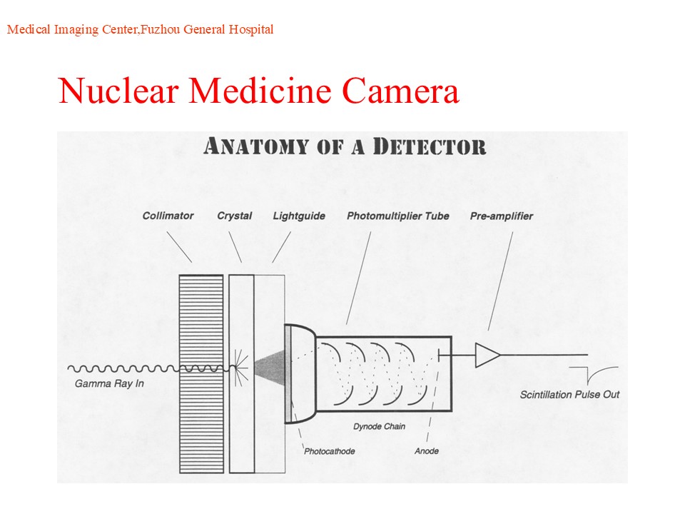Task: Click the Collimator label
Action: [168, 216]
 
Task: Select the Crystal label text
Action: [235, 216]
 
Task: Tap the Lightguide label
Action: [299, 216]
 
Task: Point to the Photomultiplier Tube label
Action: [398, 216]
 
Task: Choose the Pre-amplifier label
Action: [502, 216]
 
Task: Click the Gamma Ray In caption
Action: [109, 384]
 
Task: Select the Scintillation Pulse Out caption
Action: [569, 394]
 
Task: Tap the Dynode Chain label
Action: [379, 427]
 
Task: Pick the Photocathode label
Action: [330, 451]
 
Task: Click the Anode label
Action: [427, 451]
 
